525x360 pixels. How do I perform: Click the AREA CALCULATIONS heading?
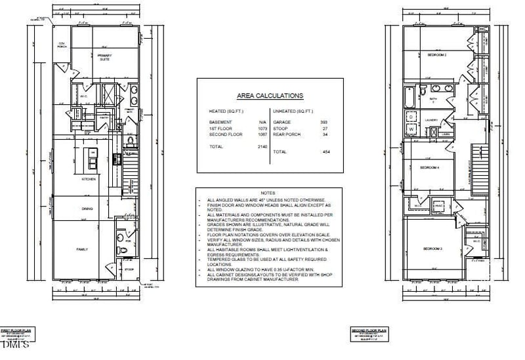click(x=270, y=95)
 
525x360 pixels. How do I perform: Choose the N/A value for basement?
click(x=263, y=122)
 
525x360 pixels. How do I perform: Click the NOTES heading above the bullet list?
click(x=268, y=193)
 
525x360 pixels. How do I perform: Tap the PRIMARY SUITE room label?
click(x=104, y=57)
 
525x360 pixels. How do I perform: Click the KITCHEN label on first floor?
click(x=89, y=179)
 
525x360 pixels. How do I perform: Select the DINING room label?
click(x=87, y=209)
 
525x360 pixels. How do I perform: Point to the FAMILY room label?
click(x=82, y=249)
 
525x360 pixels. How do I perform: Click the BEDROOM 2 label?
click(x=437, y=54)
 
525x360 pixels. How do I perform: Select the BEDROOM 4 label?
click(x=429, y=168)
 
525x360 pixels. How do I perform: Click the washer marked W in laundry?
click(x=412, y=129)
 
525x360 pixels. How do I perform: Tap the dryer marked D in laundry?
click(x=412, y=117)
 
